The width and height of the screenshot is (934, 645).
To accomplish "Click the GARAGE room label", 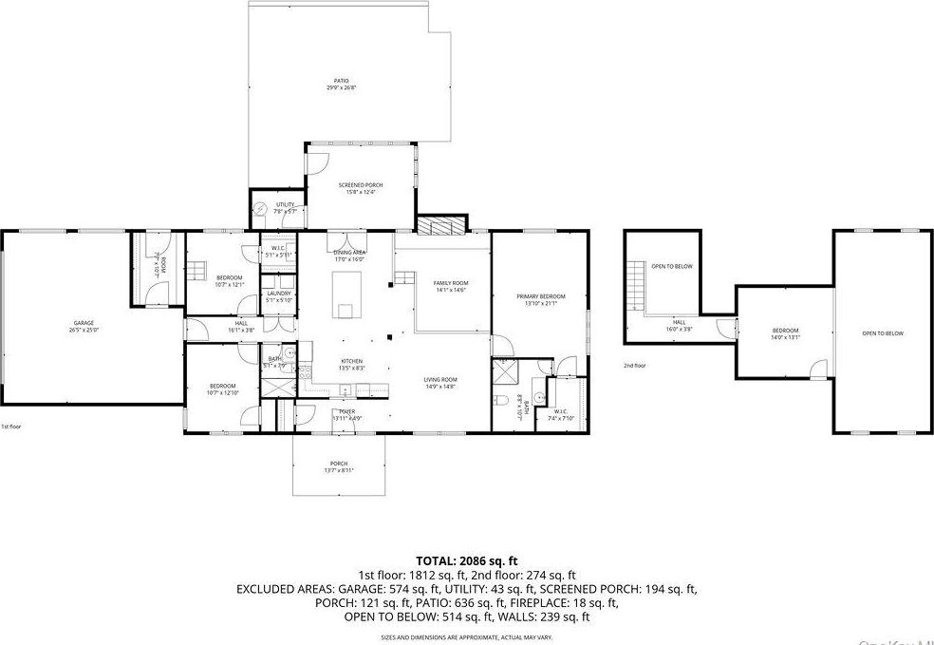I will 84,324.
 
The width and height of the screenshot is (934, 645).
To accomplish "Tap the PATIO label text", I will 340,81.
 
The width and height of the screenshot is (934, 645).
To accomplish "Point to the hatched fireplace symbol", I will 442,226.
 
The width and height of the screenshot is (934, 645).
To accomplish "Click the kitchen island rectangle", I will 345,294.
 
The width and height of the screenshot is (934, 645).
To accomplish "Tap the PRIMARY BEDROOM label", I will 540,297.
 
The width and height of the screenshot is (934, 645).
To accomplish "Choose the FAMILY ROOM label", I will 452,284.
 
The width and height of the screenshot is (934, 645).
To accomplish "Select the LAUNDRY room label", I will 278,294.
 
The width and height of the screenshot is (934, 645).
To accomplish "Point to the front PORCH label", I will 339,464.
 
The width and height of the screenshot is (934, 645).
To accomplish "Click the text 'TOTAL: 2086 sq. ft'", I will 466,561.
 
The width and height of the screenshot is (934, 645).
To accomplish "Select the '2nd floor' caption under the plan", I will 635,365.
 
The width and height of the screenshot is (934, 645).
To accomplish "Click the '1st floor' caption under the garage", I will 11,427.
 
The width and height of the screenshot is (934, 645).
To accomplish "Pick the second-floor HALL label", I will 680,323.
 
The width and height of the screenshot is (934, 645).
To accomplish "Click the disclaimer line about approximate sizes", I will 466,636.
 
